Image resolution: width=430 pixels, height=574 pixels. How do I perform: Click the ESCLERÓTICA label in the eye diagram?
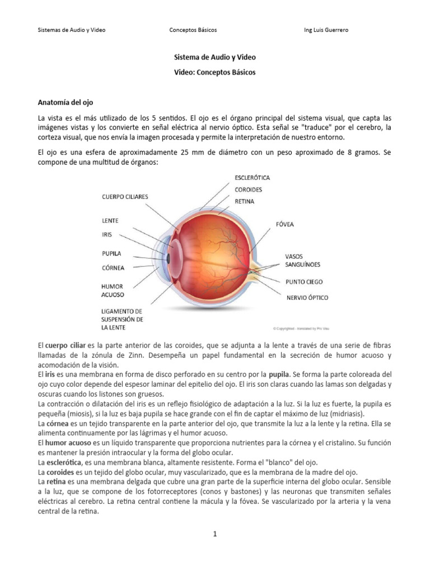click(x=252, y=178)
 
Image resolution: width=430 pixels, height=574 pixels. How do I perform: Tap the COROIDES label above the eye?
click(x=249, y=189)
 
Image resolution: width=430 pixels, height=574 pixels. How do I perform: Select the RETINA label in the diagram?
click(x=244, y=201)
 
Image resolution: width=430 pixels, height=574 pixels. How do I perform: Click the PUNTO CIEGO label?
click(x=304, y=281)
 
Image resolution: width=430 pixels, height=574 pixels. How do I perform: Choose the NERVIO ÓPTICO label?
click(x=307, y=298)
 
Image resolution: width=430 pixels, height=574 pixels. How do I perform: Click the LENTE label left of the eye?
click(x=110, y=220)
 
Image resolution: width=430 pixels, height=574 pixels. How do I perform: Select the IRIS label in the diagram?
click(x=106, y=234)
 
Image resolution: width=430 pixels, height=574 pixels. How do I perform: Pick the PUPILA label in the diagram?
click(x=111, y=253)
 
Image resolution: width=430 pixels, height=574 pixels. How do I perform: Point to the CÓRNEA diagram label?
click(x=113, y=267)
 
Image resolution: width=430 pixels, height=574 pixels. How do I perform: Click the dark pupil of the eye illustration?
click(x=169, y=258)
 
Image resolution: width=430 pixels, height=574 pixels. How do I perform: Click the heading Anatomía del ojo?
click(x=65, y=103)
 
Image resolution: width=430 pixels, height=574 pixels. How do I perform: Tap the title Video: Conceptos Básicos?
click(x=215, y=73)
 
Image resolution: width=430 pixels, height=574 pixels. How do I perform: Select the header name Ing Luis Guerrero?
click(x=325, y=30)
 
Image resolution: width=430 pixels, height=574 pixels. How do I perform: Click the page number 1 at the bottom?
click(x=214, y=534)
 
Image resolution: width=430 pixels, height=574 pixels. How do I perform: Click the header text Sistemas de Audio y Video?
click(x=71, y=30)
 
